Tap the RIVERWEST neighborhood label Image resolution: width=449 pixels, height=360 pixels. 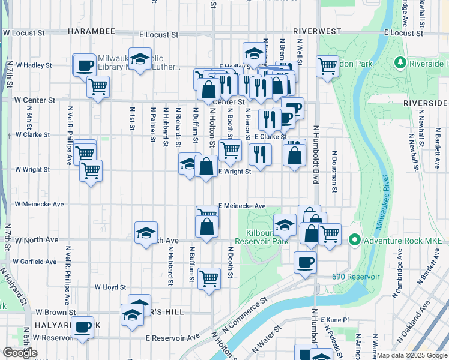(x=317, y=31)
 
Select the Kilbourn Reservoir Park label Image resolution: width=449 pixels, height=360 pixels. (x=259, y=236)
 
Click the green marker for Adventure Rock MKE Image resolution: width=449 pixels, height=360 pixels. (x=354, y=241)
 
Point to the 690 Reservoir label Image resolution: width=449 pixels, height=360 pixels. (x=356, y=277)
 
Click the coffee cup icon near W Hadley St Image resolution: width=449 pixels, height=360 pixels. (x=85, y=65)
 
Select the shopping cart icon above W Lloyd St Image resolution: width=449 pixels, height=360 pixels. (x=209, y=278)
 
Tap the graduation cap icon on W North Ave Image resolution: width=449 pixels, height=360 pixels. (x=146, y=233)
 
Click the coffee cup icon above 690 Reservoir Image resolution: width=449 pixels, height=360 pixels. (x=305, y=262)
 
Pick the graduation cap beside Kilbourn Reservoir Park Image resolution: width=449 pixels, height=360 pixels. (x=285, y=225)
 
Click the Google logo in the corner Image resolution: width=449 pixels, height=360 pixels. (x=20, y=352)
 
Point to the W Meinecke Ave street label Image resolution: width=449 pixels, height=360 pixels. (x=39, y=204)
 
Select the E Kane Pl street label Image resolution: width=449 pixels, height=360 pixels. (x=335, y=320)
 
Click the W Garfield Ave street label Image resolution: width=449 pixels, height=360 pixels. (x=35, y=262)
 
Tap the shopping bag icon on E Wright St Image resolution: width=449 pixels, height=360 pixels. (x=206, y=167)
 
